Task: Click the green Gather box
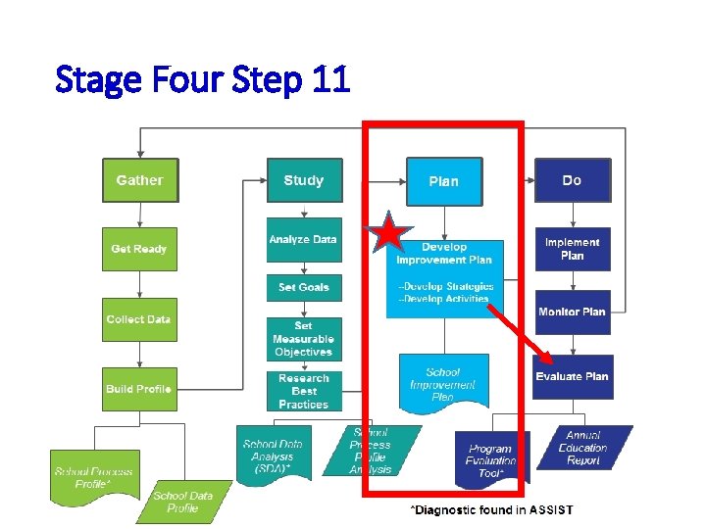coord(140,180)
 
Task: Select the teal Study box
coord(304,180)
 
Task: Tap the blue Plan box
coord(443,181)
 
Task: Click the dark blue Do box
coord(572,180)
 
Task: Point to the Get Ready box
coord(139,249)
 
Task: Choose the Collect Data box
coord(139,319)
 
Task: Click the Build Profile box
coord(139,389)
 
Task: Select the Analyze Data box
coord(304,240)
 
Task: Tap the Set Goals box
coord(304,288)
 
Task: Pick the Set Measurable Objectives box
coord(304,339)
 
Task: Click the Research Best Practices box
coord(304,391)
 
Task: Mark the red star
coord(389,234)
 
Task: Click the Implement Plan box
coord(572,249)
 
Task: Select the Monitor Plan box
coord(572,313)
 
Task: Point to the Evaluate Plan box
coord(572,376)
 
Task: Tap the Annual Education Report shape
coord(582,449)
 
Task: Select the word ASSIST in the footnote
coord(551,509)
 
